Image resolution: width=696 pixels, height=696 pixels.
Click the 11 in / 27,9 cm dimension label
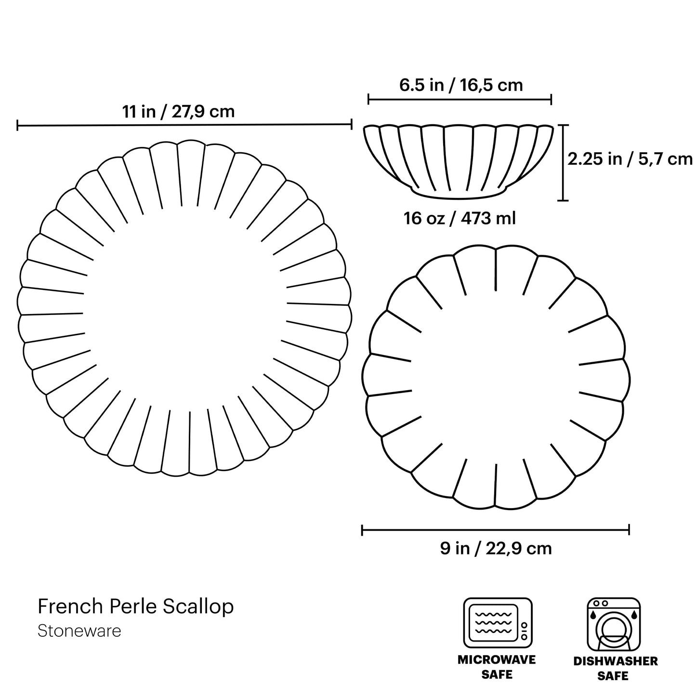178,112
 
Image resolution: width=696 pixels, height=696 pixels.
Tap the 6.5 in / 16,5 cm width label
460,85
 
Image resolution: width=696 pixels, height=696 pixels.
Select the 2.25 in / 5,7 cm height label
630,159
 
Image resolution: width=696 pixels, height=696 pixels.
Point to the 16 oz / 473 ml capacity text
460,218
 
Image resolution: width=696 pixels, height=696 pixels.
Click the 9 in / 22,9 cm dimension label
496,548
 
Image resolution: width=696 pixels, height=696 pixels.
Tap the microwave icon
498,623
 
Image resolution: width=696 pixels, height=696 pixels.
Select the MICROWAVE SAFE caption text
497,667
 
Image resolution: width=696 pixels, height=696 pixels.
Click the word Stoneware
79,631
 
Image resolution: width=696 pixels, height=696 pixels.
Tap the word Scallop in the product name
198,607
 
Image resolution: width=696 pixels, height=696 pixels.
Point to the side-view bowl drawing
459,159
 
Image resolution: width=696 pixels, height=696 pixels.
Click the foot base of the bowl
459,194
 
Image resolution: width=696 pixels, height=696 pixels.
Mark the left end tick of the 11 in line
18,126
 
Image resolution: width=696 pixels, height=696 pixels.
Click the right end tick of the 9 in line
629,530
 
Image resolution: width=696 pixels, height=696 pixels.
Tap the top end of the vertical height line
563,125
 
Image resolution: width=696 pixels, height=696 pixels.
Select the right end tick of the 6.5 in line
551,100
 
